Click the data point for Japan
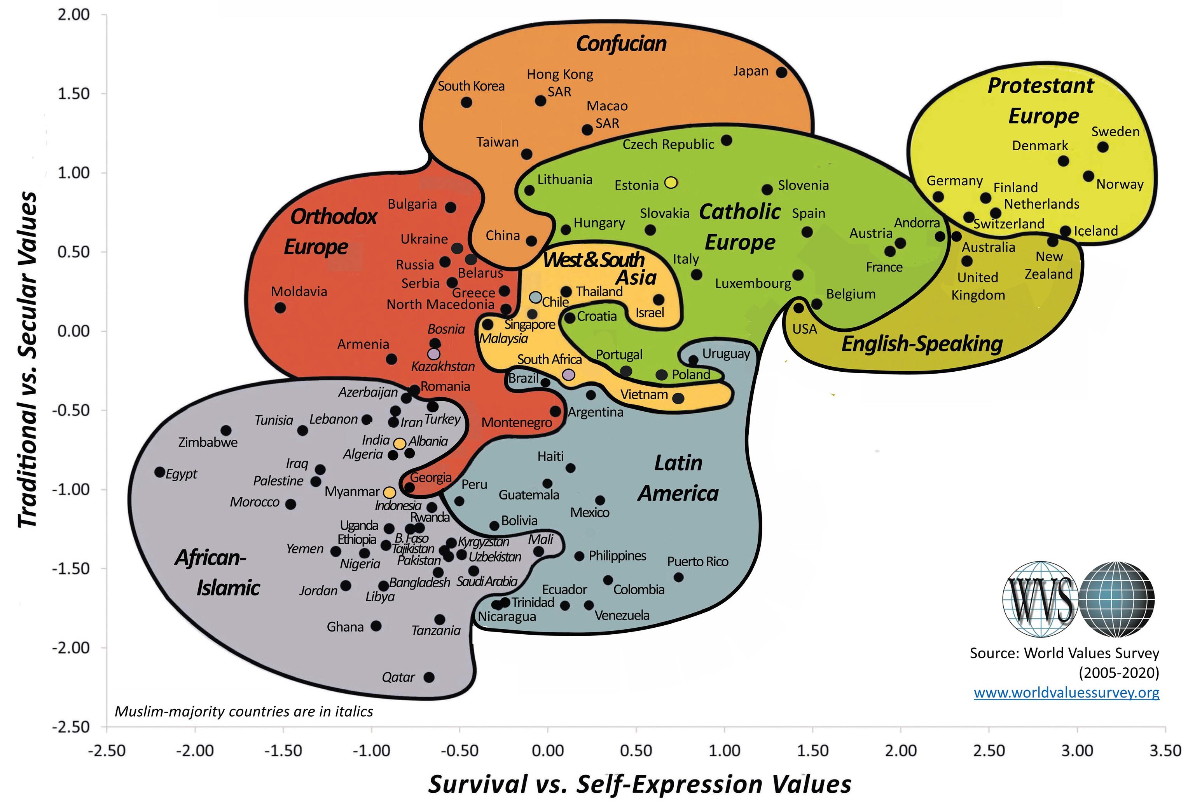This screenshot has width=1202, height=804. point(781,72)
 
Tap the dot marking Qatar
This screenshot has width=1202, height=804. point(429,677)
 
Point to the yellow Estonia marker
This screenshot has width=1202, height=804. point(671,182)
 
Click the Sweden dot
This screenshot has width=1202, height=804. point(1103,147)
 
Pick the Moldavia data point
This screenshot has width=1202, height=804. point(280,308)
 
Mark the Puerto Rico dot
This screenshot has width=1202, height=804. point(678,577)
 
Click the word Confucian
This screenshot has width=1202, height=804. point(621,44)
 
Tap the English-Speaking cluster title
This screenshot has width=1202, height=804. point(922,344)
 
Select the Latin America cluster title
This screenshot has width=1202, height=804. point(678,478)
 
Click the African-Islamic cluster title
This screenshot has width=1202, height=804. point(218,572)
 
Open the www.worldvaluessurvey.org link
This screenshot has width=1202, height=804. point(1066,693)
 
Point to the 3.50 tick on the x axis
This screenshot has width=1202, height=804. point(1165,751)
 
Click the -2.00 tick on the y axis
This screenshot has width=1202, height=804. point(71,647)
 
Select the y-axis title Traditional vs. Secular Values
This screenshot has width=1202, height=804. point(28,359)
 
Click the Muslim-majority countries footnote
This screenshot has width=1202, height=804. point(244,712)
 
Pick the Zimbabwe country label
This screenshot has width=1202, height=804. point(208,442)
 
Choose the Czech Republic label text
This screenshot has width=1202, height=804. point(668,144)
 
